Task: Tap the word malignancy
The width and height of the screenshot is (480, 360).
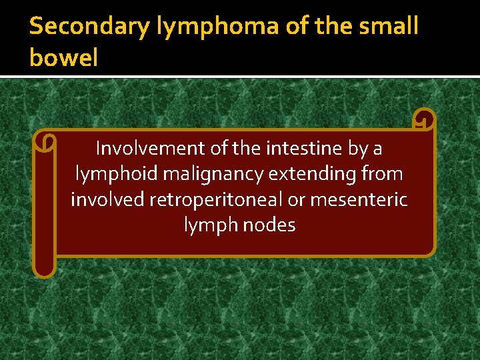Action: (214, 173)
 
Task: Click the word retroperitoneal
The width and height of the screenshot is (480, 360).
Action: (213, 199)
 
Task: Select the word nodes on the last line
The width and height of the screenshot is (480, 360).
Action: (269, 225)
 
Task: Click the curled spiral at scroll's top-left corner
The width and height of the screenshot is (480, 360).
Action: (45, 141)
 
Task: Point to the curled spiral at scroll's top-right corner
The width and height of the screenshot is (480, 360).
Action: (423, 120)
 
